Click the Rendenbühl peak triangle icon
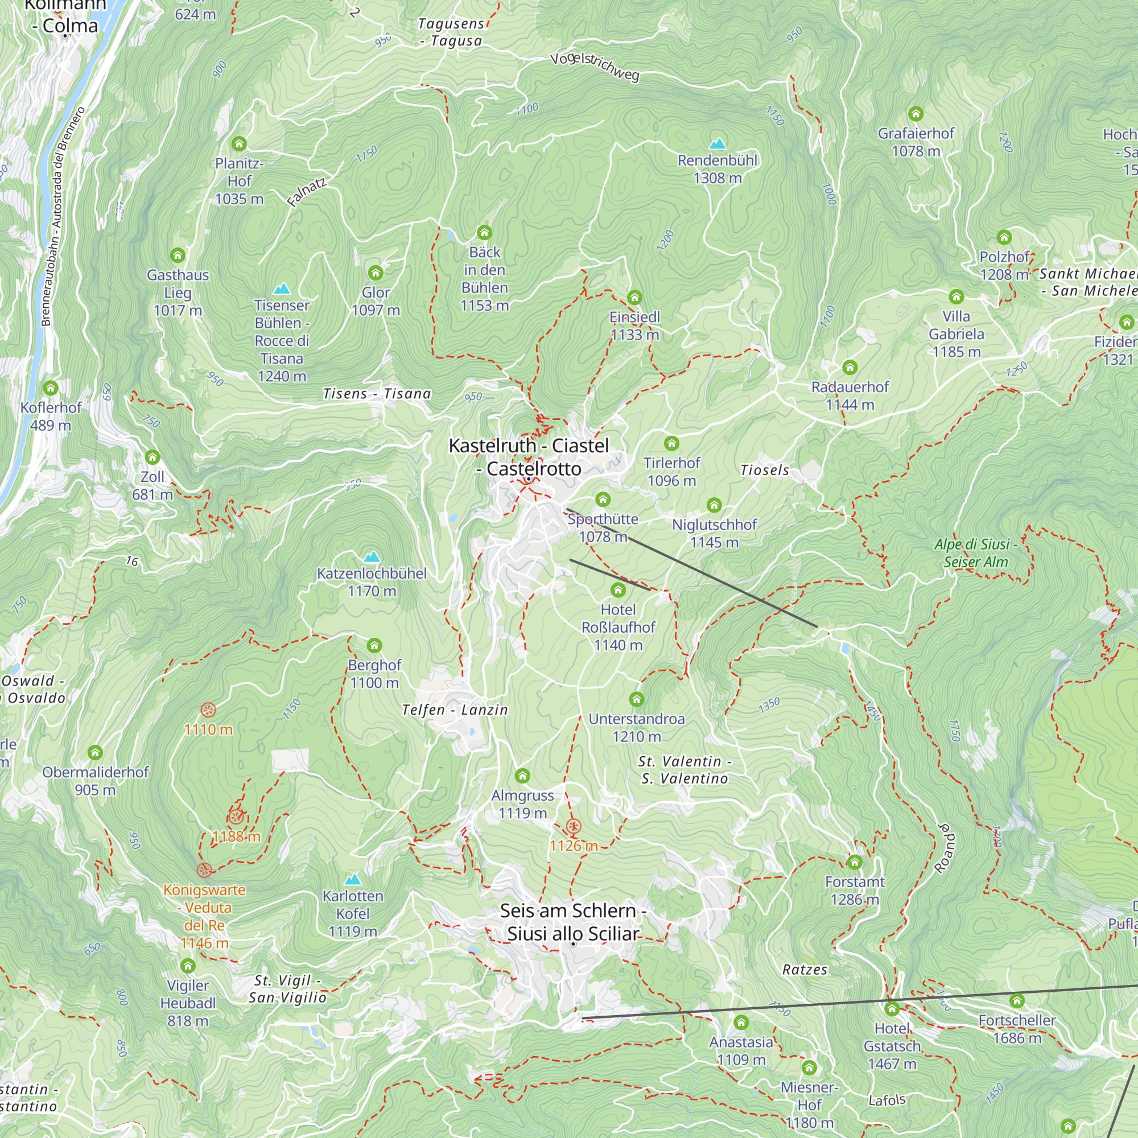click(717, 144)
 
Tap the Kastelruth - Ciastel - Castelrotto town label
click(529, 457)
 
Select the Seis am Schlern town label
click(572, 922)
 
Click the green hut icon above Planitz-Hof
click(238, 144)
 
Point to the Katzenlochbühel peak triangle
click(372, 556)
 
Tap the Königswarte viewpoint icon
click(204, 870)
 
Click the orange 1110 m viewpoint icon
click(208, 710)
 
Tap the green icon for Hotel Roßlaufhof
click(618, 589)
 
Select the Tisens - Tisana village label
click(377, 394)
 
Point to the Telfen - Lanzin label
click(455, 710)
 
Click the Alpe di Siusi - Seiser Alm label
click(975, 552)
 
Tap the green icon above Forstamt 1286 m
click(854, 863)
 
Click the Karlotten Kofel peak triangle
click(352, 880)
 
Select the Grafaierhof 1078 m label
click(916, 142)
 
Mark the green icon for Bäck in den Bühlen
click(484, 232)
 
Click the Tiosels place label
click(765, 470)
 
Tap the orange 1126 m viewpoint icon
click(574, 826)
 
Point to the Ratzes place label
click(805, 970)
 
